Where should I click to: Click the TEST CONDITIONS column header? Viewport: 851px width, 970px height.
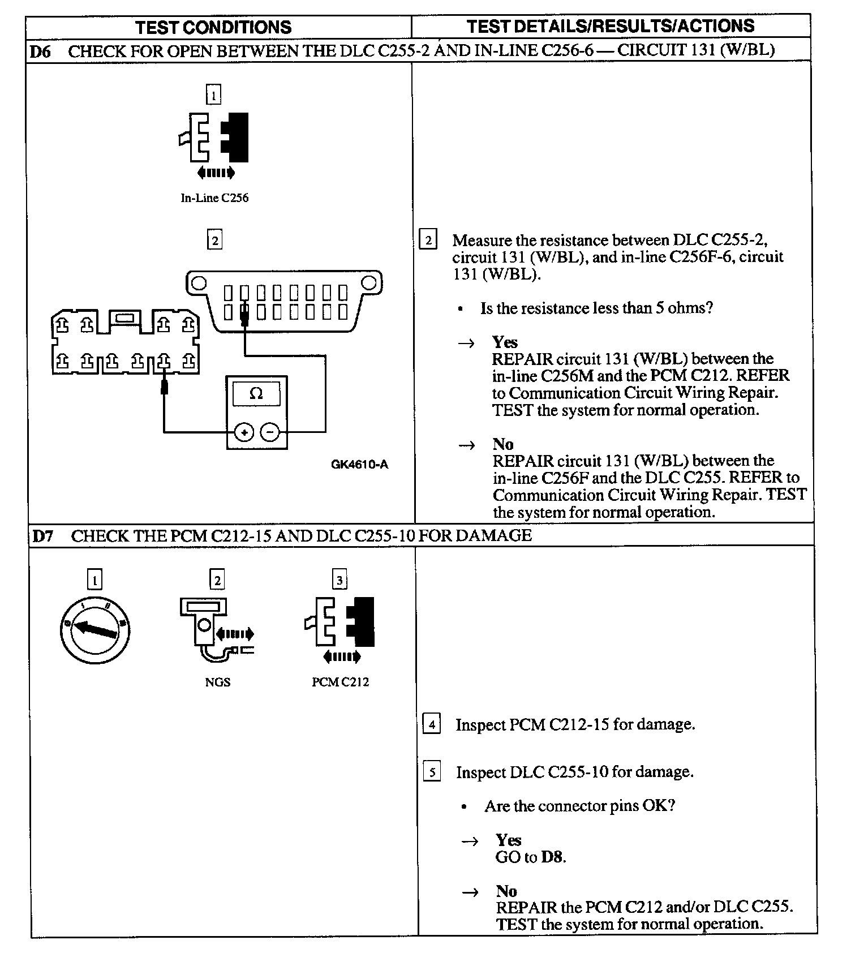tap(213, 27)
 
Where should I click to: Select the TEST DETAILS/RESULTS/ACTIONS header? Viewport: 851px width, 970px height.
tap(611, 26)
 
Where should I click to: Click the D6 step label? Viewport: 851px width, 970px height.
tap(40, 51)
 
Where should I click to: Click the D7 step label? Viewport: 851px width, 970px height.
tap(43, 536)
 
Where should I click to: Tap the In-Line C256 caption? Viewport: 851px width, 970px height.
tap(214, 198)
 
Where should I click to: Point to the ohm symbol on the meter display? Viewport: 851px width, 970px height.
tap(256, 393)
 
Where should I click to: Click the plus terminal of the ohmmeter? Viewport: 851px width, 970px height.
tap(244, 433)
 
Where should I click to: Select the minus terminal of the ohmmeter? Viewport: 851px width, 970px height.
tap(270, 433)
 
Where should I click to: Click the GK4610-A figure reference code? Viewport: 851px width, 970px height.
tap(359, 465)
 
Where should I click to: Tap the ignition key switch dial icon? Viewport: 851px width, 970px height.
tap(94, 629)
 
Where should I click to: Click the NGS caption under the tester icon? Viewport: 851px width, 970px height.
tap(218, 682)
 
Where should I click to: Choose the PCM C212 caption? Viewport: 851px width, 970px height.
tap(340, 682)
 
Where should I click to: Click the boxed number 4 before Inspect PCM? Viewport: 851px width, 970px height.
tap(432, 724)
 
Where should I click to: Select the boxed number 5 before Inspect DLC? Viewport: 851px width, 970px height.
tap(432, 772)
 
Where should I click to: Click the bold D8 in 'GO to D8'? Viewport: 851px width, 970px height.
tap(552, 857)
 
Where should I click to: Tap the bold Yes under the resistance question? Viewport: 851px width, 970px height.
tap(505, 342)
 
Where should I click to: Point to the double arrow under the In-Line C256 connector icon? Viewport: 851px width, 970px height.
tap(215, 173)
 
